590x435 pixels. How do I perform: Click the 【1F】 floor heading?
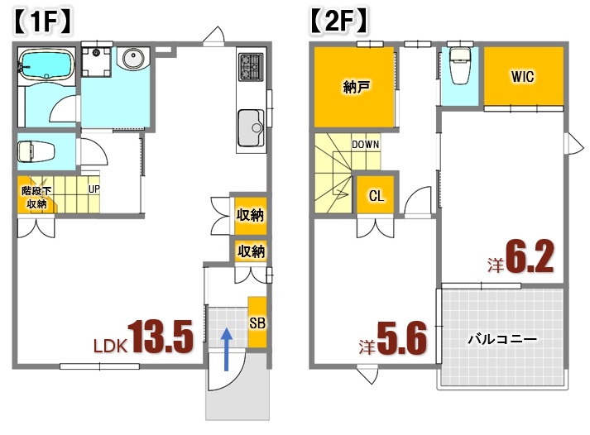[44, 20]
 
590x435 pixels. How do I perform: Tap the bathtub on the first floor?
[46, 64]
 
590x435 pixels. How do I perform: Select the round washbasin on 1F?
[132, 59]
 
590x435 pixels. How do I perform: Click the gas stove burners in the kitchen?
[250, 66]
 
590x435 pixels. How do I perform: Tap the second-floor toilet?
[459, 66]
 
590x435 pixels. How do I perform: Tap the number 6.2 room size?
[529, 259]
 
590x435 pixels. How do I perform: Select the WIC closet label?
[522, 77]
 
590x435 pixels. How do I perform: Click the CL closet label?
[377, 196]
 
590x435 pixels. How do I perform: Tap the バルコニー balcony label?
[502, 339]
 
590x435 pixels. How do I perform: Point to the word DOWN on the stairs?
[365, 144]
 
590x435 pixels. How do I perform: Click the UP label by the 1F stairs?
[95, 189]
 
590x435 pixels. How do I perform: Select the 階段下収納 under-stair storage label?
[36, 197]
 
